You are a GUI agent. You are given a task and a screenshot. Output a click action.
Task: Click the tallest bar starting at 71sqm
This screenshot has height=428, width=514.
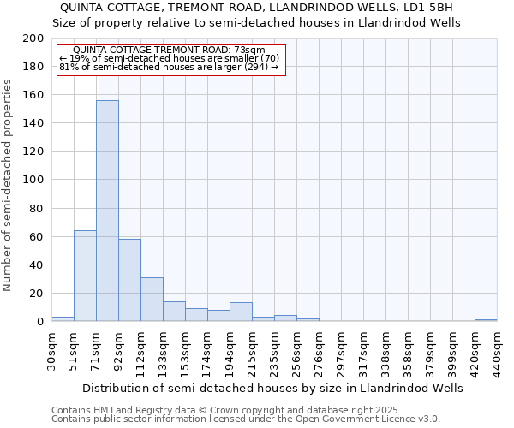pyautogui.click(x=107, y=211)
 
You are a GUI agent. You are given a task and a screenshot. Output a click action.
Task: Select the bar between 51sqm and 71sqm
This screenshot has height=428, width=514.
pyautogui.click(x=85, y=276)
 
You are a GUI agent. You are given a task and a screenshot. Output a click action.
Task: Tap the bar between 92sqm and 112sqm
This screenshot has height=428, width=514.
pyautogui.click(x=129, y=280)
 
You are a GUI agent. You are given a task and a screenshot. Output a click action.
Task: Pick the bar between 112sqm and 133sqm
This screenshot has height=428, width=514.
pyautogui.click(x=152, y=300)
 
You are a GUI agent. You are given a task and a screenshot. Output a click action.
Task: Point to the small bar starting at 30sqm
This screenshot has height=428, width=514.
pyautogui.click(x=63, y=319)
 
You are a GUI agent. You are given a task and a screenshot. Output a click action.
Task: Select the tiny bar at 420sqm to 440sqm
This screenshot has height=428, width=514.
pyautogui.click(x=486, y=320)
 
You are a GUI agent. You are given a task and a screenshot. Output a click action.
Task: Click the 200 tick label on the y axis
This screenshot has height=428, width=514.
pyautogui.click(x=33, y=39)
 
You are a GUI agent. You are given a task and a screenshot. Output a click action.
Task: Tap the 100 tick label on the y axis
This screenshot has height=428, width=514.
pyautogui.click(x=33, y=180)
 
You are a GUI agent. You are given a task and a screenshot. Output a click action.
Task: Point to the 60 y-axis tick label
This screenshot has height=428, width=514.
pyautogui.click(x=37, y=236)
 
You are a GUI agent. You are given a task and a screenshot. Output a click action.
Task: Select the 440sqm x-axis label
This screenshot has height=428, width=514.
pyautogui.click(x=497, y=352)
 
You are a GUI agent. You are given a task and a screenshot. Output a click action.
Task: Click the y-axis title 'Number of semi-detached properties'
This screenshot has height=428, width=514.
pyautogui.click(x=9, y=185)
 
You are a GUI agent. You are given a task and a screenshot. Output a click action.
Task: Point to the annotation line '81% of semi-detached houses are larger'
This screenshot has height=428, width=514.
pyautogui.click(x=169, y=67)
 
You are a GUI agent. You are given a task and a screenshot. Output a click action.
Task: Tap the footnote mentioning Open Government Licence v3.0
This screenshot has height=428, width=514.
pyautogui.click(x=245, y=419)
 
